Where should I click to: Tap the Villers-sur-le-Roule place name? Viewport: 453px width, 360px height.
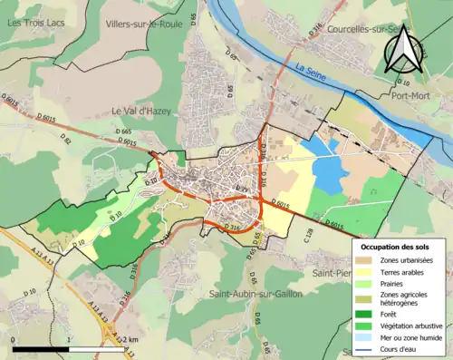click(x=144, y=24)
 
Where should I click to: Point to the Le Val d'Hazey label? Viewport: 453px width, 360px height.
click(x=141, y=111)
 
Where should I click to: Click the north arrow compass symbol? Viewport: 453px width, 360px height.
click(x=405, y=50)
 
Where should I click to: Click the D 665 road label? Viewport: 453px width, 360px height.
click(x=125, y=132)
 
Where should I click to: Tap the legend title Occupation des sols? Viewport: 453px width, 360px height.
click(x=396, y=247)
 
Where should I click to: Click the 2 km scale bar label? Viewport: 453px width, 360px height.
click(x=131, y=339)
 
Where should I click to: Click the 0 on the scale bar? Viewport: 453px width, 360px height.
click(x=14, y=339)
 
